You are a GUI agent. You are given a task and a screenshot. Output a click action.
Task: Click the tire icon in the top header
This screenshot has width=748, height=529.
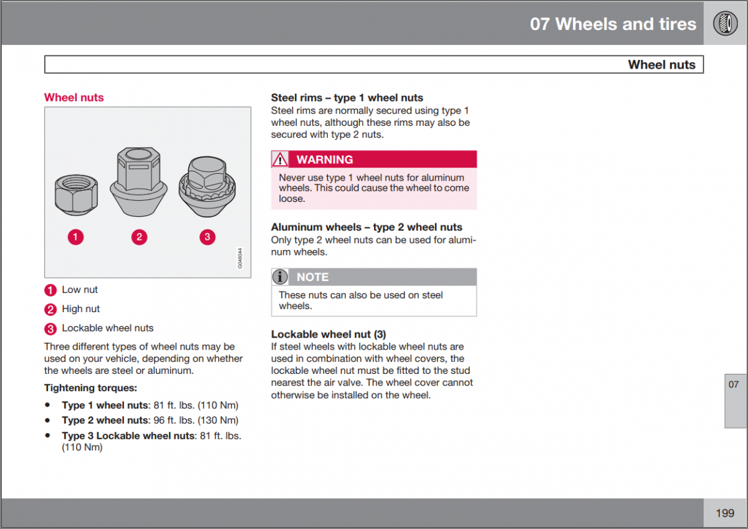coord(725,24)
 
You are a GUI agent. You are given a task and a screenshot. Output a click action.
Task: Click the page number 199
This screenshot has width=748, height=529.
coord(725,513)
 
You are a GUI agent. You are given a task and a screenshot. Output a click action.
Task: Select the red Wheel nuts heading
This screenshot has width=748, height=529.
coord(74,97)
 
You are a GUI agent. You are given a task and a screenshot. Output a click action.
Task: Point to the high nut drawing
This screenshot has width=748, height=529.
coord(138,180)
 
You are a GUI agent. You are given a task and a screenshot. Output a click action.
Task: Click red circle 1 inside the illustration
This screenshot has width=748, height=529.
coord(75,237)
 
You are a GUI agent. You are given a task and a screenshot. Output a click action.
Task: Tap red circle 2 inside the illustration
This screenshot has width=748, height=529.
coord(139,237)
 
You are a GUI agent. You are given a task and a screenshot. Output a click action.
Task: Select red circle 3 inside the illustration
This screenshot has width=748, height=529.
coord(207,237)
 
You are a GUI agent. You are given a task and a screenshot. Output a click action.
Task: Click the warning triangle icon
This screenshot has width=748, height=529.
coord(280,160)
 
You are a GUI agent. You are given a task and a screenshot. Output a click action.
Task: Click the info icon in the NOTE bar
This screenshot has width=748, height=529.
coord(280,277)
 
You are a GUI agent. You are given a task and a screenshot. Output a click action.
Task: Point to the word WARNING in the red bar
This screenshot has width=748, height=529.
coord(324,160)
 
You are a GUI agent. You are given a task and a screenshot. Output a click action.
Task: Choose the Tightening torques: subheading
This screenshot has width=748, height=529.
coord(90,388)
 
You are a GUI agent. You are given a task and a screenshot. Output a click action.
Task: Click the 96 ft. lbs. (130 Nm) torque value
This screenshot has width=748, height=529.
coord(196,420)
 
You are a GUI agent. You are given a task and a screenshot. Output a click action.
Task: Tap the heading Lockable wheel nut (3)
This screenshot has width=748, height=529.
coord(328,334)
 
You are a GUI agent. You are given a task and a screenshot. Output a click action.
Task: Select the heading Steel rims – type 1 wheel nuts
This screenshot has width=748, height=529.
coord(347,97)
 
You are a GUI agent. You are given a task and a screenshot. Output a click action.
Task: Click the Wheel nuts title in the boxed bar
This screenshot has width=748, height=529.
coord(661,65)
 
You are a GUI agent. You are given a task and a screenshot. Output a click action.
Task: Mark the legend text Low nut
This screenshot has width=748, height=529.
coord(80,290)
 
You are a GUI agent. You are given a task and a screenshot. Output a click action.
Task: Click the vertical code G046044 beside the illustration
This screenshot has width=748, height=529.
coord(240,259)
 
